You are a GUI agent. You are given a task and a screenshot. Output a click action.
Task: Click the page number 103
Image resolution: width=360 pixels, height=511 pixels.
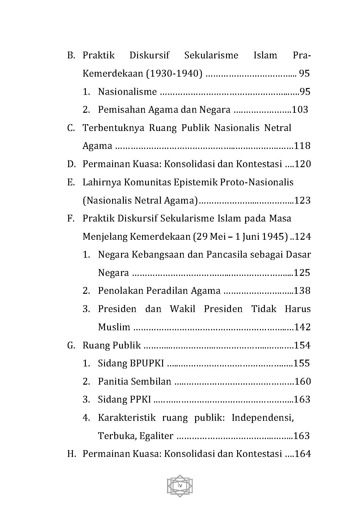pos(300,110)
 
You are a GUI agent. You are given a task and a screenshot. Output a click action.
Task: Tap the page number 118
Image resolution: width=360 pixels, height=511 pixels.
pos(302,146)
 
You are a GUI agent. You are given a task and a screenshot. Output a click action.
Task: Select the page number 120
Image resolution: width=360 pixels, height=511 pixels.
pos(303,164)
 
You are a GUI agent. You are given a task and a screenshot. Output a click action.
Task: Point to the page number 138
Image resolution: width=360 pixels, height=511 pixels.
pos(302,291)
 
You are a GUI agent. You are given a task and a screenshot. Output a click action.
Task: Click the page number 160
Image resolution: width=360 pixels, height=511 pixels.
pos(303,382)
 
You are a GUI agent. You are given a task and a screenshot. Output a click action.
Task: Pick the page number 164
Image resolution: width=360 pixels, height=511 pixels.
pos(303,454)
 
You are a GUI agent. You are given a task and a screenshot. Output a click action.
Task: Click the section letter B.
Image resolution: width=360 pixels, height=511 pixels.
pos(71,56)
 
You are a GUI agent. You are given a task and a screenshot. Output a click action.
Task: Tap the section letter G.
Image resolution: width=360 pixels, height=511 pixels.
pos(71,345)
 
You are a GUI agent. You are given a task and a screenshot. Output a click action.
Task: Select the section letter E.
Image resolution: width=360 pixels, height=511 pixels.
pos(71,182)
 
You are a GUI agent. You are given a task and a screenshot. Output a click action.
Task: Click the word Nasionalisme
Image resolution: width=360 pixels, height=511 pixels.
pos(127,92)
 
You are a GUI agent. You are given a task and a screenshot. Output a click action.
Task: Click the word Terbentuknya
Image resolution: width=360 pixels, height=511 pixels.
pos(113,128)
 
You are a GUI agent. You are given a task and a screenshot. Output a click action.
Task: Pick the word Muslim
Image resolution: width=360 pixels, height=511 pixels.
pos(114,327)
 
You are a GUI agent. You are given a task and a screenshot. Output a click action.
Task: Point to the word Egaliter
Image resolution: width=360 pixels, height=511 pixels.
pos(156,436)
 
